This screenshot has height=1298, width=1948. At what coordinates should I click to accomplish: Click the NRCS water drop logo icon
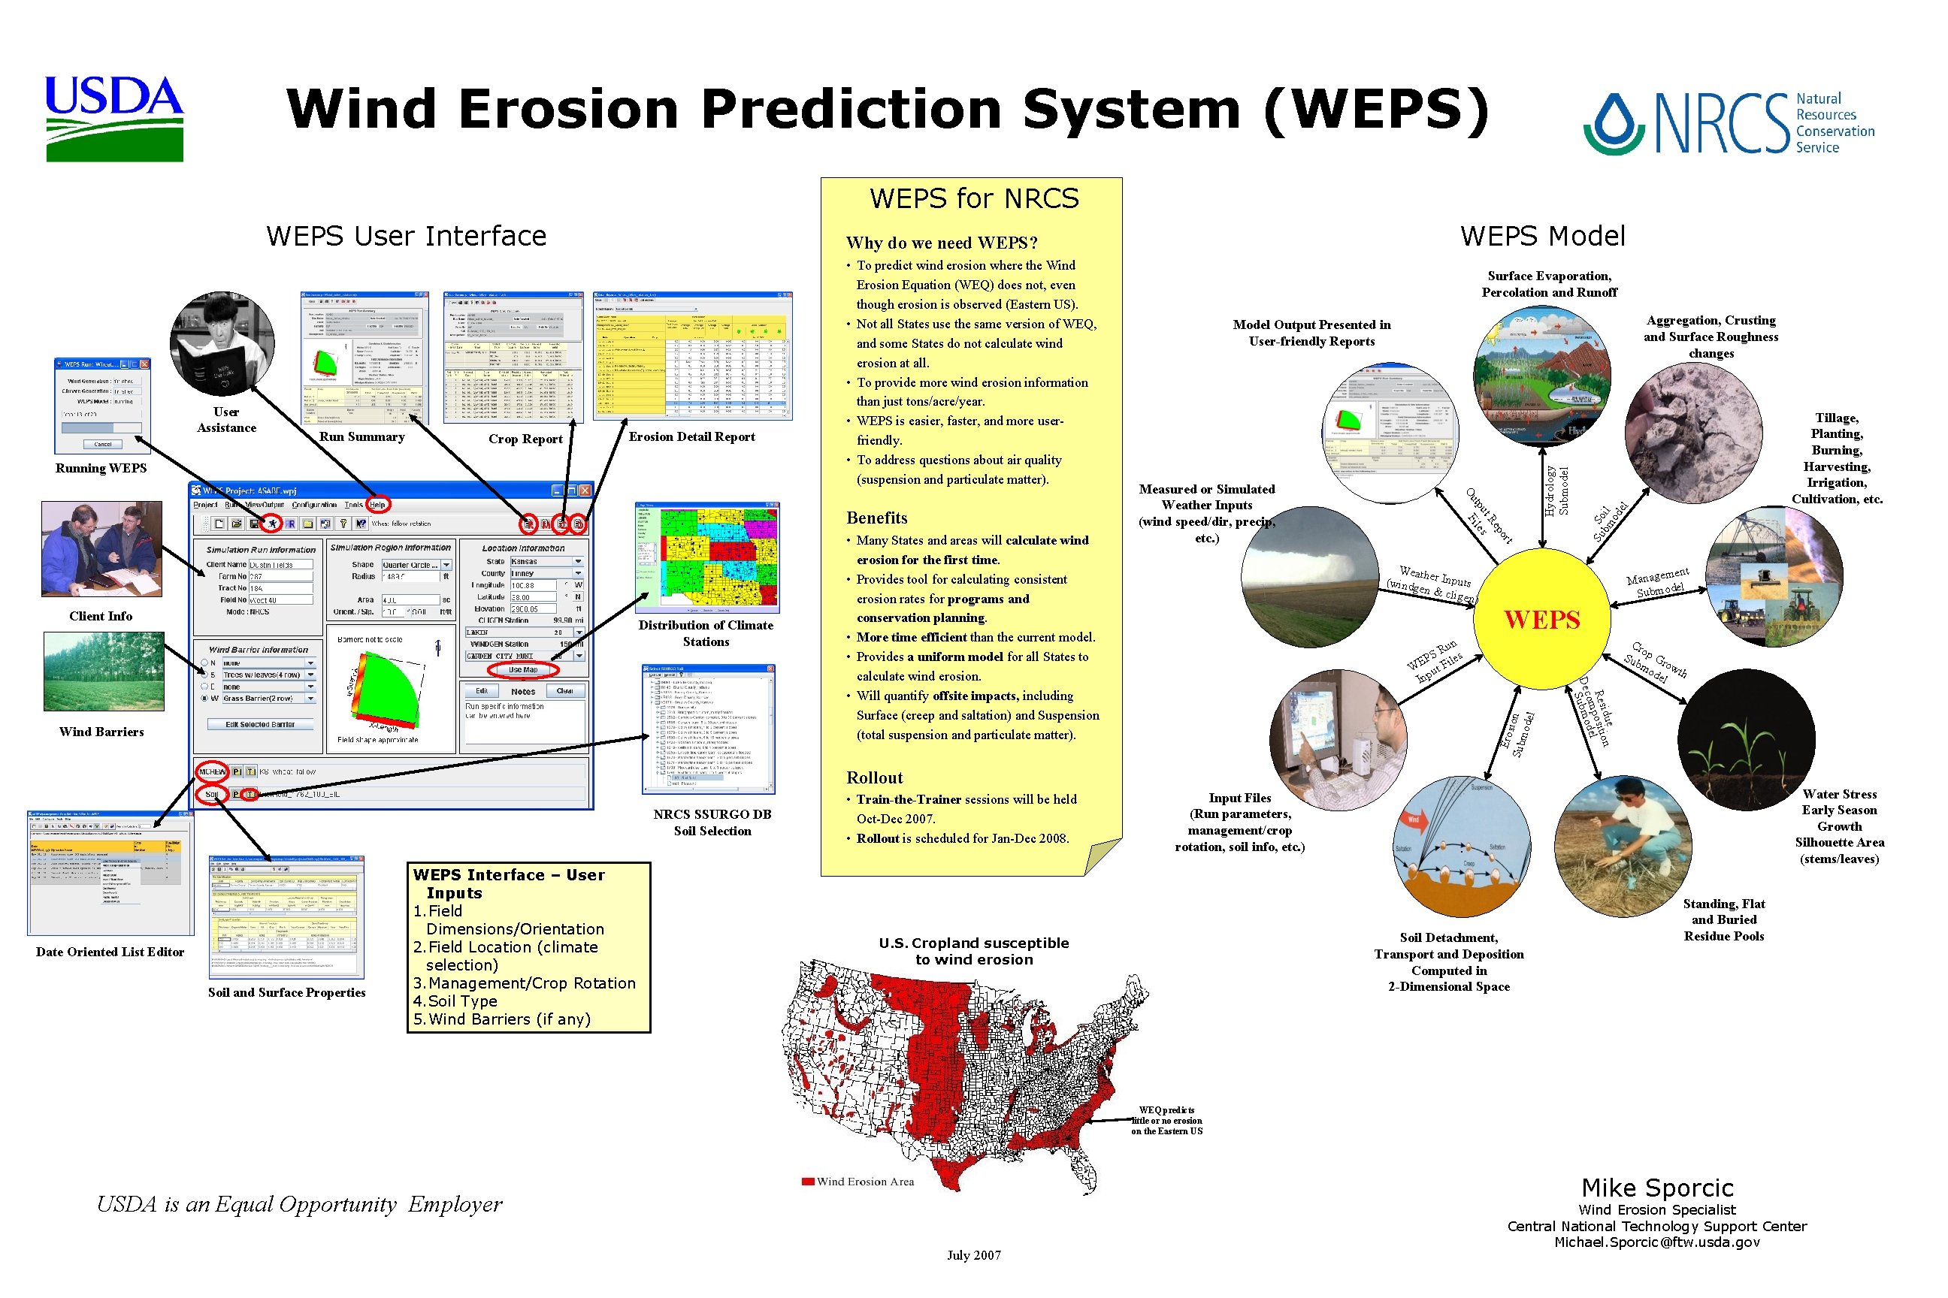(x=1614, y=124)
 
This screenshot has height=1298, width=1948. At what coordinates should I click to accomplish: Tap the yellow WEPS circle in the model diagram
(x=1542, y=619)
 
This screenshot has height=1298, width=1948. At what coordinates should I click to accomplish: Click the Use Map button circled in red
(x=522, y=670)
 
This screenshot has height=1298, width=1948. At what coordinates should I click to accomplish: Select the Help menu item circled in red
(x=378, y=504)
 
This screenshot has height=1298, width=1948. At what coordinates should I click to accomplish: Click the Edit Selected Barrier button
(x=260, y=724)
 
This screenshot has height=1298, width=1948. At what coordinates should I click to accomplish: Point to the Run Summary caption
(x=362, y=437)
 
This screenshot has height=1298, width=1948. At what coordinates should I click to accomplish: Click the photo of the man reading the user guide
(x=222, y=344)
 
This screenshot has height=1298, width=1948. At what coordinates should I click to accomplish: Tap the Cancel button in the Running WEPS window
(x=103, y=445)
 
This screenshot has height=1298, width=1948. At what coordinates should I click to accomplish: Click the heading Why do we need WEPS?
(x=942, y=243)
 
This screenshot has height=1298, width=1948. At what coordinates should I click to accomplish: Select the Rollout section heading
(x=875, y=777)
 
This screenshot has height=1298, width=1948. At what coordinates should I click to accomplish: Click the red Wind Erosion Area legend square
(x=807, y=1182)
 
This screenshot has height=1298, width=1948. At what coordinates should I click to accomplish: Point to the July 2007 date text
(x=974, y=1255)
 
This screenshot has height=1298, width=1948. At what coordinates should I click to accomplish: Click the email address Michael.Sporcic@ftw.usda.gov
(x=1656, y=1242)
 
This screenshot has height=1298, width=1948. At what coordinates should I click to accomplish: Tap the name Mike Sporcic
(x=1656, y=1188)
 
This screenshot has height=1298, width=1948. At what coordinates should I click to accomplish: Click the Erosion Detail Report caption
(x=691, y=437)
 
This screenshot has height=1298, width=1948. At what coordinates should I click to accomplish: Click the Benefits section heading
(x=876, y=518)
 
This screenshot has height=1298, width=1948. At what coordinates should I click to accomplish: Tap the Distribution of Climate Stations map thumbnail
(x=706, y=557)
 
